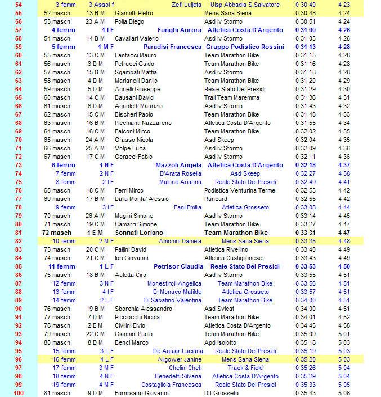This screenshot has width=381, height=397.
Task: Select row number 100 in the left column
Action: [19, 393]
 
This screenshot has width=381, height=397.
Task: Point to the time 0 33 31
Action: [305, 233]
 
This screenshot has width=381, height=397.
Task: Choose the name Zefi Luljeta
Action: [186, 5]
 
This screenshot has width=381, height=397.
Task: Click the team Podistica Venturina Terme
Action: [240, 190]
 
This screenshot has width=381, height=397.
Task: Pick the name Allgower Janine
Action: [179, 359]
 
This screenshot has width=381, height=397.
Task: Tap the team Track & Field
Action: [245, 368]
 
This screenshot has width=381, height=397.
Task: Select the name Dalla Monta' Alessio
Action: [142, 199]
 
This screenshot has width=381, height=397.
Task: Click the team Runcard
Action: [216, 199]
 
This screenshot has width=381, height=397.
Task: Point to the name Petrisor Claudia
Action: [178, 266]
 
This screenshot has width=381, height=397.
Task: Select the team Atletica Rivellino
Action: [226, 249]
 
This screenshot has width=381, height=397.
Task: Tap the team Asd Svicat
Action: [219, 309]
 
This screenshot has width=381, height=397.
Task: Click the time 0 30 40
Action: [305, 5]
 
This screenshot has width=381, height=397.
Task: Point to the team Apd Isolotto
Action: [221, 342]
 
